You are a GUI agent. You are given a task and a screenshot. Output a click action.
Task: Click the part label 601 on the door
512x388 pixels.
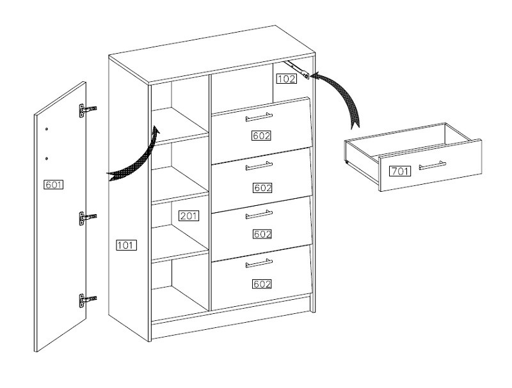(53, 185)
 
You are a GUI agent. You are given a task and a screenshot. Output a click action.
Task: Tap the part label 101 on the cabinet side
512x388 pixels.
(126, 245)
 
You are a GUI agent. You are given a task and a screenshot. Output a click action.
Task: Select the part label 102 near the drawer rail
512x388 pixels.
(286, 79)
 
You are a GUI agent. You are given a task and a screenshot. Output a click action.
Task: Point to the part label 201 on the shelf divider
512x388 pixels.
(188, 216)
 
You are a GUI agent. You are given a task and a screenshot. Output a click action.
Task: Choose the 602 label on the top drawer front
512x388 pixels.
(262, 136)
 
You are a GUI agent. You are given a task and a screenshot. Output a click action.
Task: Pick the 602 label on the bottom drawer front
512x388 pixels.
(262, 284)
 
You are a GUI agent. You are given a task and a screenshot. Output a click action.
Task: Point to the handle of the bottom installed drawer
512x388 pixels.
(259, 263)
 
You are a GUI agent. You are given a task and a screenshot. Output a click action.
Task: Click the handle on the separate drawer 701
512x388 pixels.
(432, 166)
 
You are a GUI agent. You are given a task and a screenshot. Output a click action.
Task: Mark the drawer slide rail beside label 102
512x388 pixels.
(299, 68)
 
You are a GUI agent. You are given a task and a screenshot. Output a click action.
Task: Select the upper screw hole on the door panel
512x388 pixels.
(47, 129)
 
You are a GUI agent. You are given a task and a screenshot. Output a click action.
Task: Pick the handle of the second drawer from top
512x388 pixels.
(259, 166)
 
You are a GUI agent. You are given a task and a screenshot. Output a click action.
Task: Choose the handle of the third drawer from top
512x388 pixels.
(259, 214)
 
